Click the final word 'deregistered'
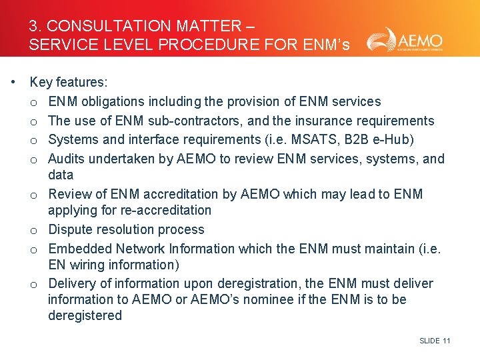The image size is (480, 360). pos(85,316)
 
